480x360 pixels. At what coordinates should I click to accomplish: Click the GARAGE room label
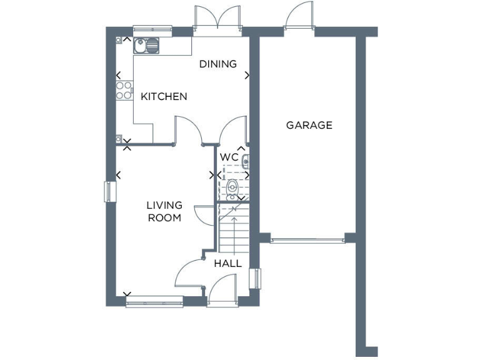coord(309,125)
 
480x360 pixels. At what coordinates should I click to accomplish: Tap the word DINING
coord(218,64)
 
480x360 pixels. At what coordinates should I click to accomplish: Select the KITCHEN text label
coord(164,96)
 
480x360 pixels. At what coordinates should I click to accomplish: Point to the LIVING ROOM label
coord(164,211)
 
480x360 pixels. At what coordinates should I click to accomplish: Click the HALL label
coord(228,263)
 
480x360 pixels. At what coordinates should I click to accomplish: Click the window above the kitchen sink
coord(152,29)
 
